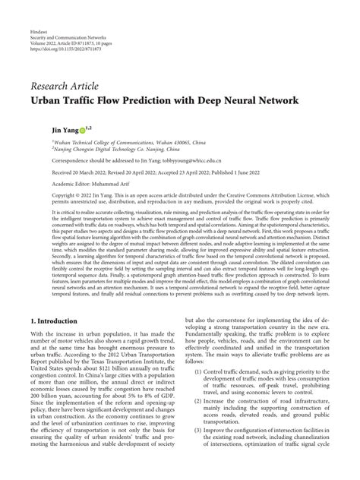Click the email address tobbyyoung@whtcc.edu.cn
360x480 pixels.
(x=189, y=160)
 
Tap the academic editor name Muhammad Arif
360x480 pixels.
(x=114, y=183)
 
